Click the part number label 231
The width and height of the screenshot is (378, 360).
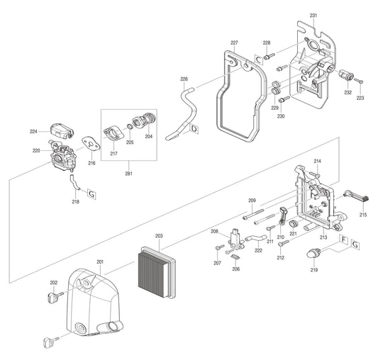coord(313,16)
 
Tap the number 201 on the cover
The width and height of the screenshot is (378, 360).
coord(100,261)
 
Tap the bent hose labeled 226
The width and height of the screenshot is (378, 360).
coord(183,110)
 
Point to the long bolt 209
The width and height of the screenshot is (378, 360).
coord(256,210)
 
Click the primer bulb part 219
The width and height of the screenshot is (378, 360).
coord(313,253)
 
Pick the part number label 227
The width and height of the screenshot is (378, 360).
coord(234,44)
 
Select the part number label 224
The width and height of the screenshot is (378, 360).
coord(33,132)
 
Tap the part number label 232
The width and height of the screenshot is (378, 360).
coord(348,92)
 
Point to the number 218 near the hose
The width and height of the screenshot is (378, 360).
coord(76,202)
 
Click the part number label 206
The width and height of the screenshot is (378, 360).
coord(236,269)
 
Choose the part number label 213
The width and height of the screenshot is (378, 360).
coord(323,237)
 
